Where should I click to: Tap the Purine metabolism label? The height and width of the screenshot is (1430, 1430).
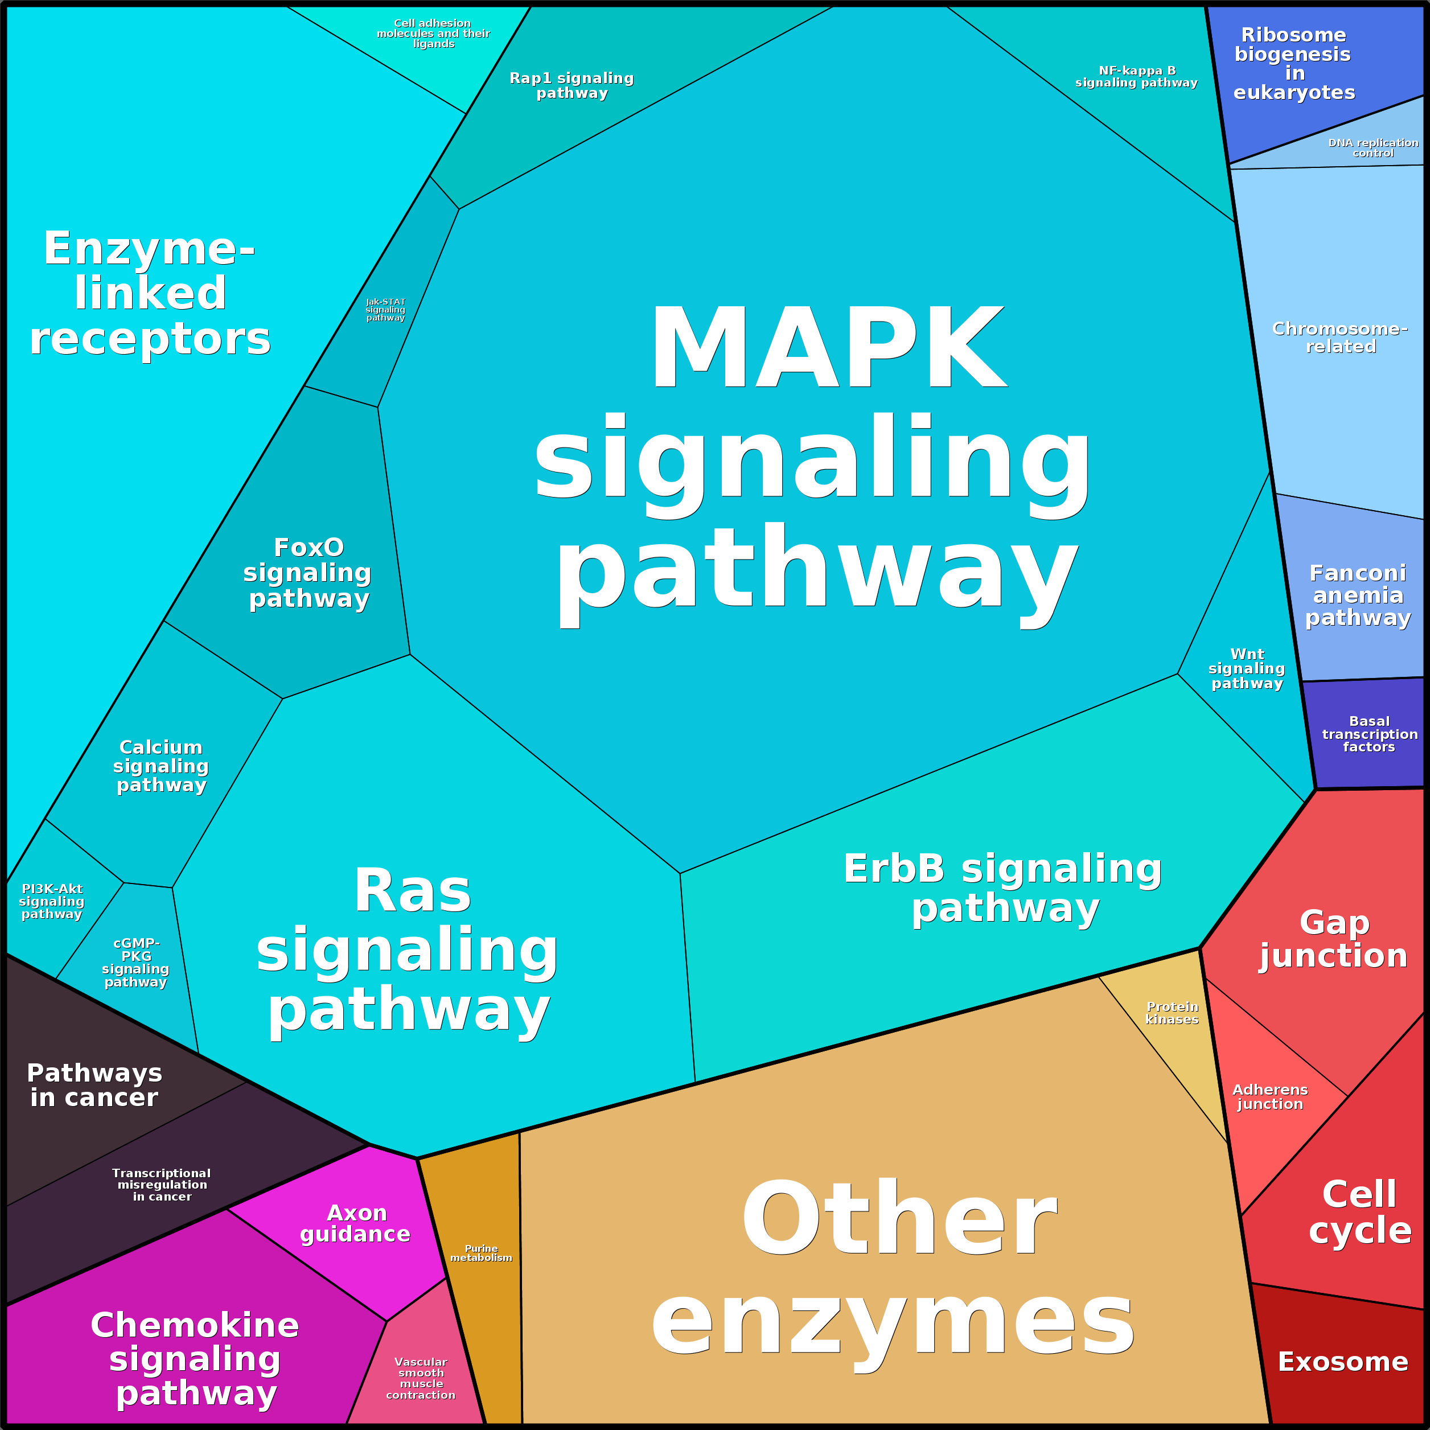pyautogui.click(x=481, y=1252)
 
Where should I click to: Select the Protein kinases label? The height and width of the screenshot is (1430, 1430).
pyautogui.click(x=1172, y=1013)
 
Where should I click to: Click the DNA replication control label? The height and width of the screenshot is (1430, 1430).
pyautogui.click(x=1373, y=147)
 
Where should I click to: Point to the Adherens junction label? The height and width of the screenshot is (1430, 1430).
pyautogui.click(x=1270, y=1096)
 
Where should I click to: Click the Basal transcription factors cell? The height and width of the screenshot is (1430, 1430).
pyautogui.click(x=1369, y=734)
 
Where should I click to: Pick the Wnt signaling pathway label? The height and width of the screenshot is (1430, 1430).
pyautogui.click(x=1247, y=668)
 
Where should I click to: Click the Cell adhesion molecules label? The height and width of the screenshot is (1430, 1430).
pyautogui.click(x=433, y=34)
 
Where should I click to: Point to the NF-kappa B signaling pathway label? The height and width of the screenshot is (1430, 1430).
pyautogui.click(x=1136, y=76)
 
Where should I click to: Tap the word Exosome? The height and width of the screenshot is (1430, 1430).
pyautogui.click(x=1343, y=1361)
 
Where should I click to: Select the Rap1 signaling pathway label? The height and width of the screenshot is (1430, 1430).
pyautogui.click(x=572, y=85)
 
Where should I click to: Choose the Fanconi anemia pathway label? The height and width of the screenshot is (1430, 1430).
pyautogui.click(x=1358, y=594)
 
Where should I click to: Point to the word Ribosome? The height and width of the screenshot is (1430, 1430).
pyautogui.click(x=1293, y=35)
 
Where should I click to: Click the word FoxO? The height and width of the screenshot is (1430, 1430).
pyautogui.click(x=309, y=547)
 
